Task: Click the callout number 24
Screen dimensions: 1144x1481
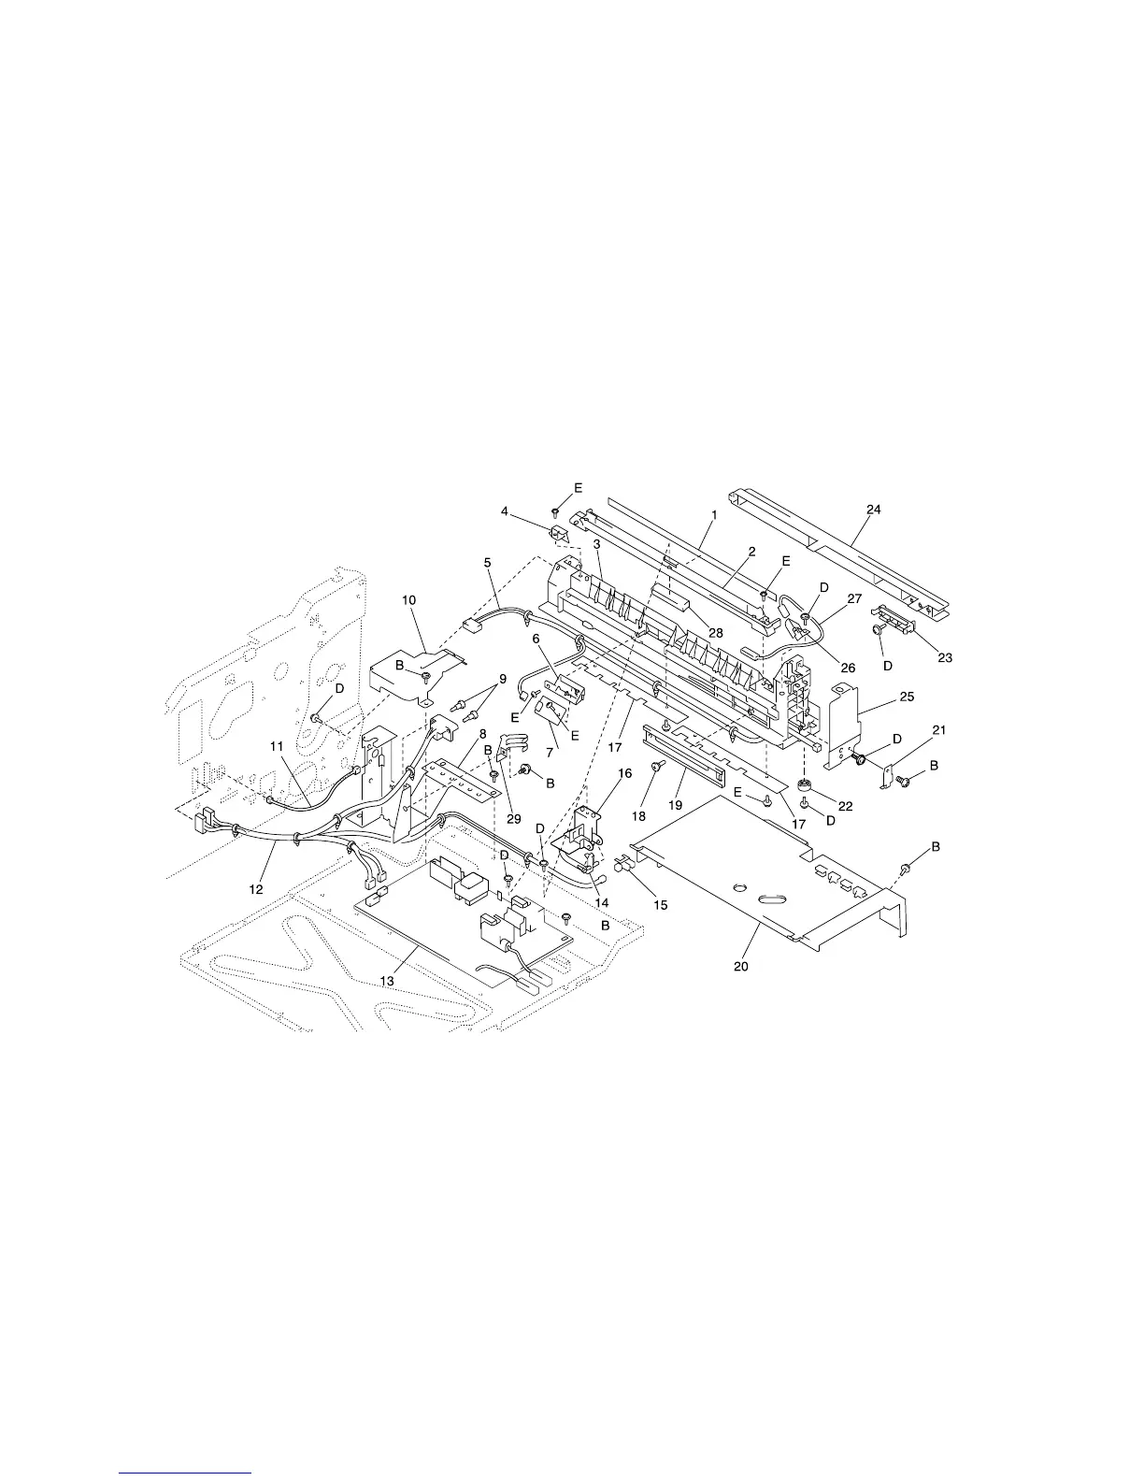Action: click(x=873, y=510)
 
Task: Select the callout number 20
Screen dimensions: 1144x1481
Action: click(x=741, y=967)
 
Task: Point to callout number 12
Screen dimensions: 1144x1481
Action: click(x=256, y=889)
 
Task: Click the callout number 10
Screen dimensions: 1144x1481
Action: click(x=409, y=599)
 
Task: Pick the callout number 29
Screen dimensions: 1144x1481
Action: click(x=513, y=819)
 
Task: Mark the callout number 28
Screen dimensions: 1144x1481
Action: click(x=716, y=633)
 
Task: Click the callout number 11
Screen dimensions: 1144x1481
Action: click(x=277, y=745)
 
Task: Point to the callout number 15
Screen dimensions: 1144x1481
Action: click(x=662, y=904)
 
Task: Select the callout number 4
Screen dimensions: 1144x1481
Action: click(x=531, y=511)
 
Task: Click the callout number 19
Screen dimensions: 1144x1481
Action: click(x=673, y=804)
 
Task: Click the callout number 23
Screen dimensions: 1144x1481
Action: click(x=945, y=657)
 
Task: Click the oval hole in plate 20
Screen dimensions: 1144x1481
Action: click(x=772, y=899)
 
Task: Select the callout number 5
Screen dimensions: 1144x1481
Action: click(x=487, y=562)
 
